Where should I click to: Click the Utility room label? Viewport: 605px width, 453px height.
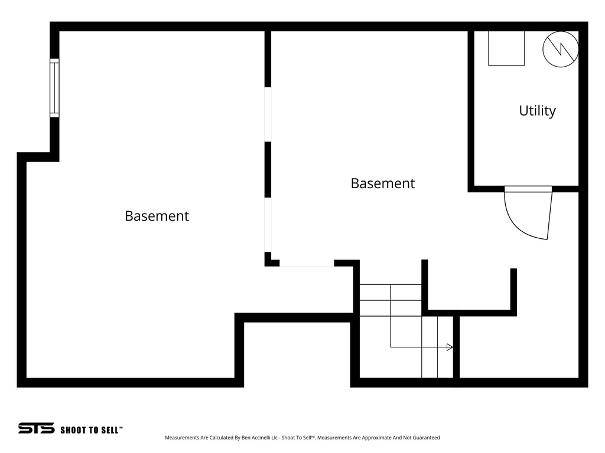tap(537, 110)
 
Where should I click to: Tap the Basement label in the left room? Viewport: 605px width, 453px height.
tap(157, 216)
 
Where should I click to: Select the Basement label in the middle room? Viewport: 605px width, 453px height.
tap(383, 183)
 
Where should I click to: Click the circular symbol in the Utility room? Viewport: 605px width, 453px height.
tap(561, 49)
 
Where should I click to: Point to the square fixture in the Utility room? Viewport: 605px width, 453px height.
tap(506, 48)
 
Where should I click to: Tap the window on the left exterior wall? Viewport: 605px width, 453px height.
tap(54, 88)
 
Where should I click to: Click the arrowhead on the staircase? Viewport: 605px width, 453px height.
tap(450, 347)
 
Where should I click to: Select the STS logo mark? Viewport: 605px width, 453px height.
tap(36, 428)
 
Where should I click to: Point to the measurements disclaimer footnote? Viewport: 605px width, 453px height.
tap(302, 438)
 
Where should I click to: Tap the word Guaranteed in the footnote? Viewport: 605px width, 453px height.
tap(427, 438)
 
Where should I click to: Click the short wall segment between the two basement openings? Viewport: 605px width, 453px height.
tap(268, 169)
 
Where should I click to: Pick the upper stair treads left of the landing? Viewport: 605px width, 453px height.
tap(390, 300)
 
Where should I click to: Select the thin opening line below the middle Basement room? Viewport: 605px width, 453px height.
tap(307, 266)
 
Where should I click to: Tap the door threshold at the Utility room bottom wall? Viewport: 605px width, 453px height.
tap(528, 189)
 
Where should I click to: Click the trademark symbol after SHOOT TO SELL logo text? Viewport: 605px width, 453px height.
tap(121, 427)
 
